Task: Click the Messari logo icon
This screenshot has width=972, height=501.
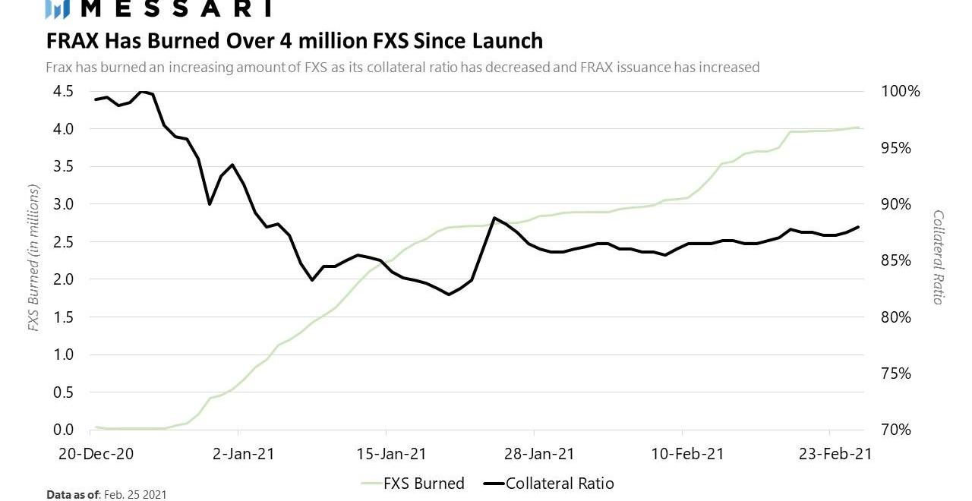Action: tap(58, 8)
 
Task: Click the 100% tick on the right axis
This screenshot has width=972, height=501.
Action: tap(901, 91)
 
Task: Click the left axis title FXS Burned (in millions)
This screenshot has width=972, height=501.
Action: tap(33, 260)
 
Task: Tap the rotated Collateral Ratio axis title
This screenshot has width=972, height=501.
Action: tap(938, 257)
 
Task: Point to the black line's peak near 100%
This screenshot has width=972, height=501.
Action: tap(142, 92)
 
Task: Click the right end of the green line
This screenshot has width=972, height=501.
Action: tap(859, 128)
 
